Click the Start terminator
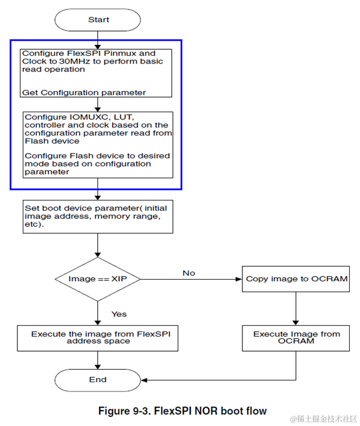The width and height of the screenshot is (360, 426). tap(98, 20)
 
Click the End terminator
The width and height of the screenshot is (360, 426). tap(98, 380)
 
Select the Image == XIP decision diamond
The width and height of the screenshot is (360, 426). tap(98, 279)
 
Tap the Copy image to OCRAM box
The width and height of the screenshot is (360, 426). tap(296, 279)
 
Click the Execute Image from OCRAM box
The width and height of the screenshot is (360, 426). tap(296, 338)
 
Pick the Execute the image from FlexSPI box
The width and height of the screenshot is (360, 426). tap(98, 338)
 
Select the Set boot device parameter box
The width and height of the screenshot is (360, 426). tap(98, 217)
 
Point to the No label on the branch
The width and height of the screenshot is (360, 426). tap(189, 273)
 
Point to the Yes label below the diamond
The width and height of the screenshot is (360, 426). tap(119, 314)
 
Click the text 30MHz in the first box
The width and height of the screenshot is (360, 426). tap(74, 61)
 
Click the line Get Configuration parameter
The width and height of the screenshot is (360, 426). tap(84, 92)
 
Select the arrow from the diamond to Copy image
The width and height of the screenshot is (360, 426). tap(191, 279)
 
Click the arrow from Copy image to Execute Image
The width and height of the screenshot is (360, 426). tap(296, 308)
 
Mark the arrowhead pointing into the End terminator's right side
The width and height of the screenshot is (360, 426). tap(144, 380)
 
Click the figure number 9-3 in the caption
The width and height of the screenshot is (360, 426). tap(142, 411)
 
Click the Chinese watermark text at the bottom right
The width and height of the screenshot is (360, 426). tap(323, 419)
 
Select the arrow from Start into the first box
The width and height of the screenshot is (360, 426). tap(98, 40)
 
